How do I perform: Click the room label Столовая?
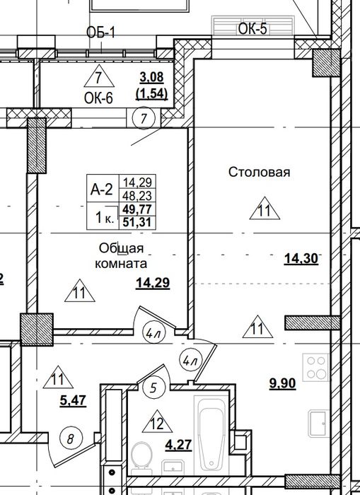[260, 173]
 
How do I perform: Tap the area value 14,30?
[301, 259]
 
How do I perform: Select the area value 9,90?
[283, 383]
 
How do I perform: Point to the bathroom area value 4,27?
[179, 445]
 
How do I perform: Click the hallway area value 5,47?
[73, 401]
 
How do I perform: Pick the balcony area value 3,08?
[152, 76]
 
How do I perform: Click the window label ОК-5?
[252, 29]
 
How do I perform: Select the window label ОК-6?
[98, 98]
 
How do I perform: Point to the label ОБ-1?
[101, 33]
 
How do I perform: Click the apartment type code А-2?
[101, 190]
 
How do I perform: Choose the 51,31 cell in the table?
[137, 223]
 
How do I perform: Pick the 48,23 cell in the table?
[137, 196]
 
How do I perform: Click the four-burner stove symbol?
[316, 368]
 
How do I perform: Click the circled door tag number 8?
[71, 438]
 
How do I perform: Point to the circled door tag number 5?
[153, 388]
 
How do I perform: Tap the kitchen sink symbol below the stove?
[319, 423]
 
